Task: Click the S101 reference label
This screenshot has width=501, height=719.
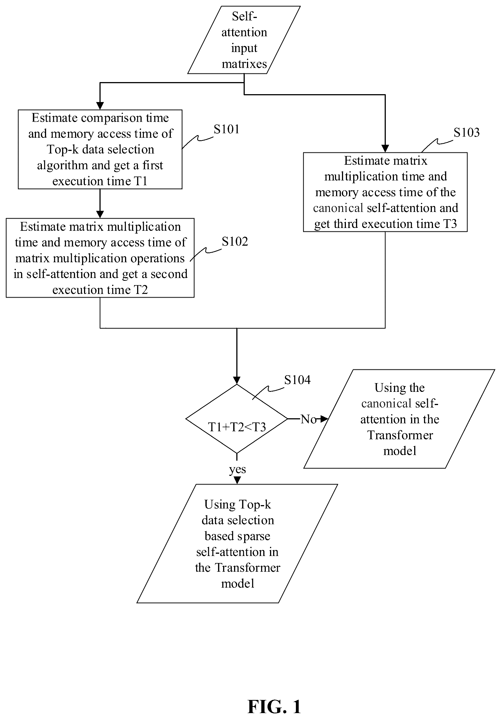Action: click(226, 129)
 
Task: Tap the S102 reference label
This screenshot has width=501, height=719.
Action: click(235, 241)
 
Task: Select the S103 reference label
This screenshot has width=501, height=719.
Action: click(466, 132)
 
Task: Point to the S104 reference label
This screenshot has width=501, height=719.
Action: click(297, 380)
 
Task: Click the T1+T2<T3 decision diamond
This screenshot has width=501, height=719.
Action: click(237, 419)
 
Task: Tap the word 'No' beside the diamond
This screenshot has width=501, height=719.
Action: click(309, 419)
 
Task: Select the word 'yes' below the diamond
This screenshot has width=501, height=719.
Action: click(237, 469)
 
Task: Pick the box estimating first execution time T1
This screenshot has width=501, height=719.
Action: click(100, 149)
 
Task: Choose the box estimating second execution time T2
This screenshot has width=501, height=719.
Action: click(100, 258)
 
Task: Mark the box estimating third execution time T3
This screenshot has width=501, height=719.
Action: click(385, 192)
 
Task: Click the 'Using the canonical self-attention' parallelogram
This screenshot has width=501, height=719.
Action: click(399, 419)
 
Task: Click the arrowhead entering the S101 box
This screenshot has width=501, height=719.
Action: click(100, 106)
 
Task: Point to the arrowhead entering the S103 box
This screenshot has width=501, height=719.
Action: click(385, 149)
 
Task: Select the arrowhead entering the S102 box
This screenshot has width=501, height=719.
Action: click(100, 214)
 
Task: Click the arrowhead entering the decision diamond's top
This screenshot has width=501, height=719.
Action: click(237, 380)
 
